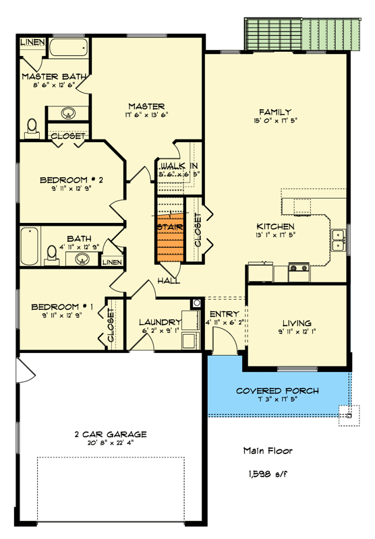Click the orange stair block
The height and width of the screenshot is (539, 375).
pos(171,239)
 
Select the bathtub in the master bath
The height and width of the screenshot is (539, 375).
pos(68,49)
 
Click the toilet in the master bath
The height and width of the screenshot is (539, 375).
pos(32,127)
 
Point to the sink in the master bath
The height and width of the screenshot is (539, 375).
pos(69,113)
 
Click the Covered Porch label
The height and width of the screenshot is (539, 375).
pos(277,391)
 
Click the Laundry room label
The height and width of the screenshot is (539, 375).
pos(160,322)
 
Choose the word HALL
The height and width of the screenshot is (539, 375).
pos(169,280)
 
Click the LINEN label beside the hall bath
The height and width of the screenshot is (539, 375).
pos(112,262)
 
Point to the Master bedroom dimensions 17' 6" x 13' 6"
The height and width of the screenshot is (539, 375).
pos(146,115)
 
